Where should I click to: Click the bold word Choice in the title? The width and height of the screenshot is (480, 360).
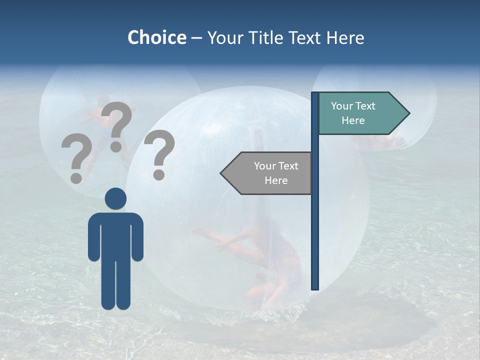156,37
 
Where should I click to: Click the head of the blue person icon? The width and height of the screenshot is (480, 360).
115,198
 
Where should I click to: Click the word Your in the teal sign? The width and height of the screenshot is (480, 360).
341,106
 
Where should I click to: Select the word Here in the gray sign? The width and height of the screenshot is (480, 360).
276,180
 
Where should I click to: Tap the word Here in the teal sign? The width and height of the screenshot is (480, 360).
353,120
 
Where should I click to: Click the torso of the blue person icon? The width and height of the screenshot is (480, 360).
115,235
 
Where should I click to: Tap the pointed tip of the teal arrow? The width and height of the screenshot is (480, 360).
408,113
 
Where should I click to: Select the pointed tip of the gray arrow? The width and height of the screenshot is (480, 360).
221,173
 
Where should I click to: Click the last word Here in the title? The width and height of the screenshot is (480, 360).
345,37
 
